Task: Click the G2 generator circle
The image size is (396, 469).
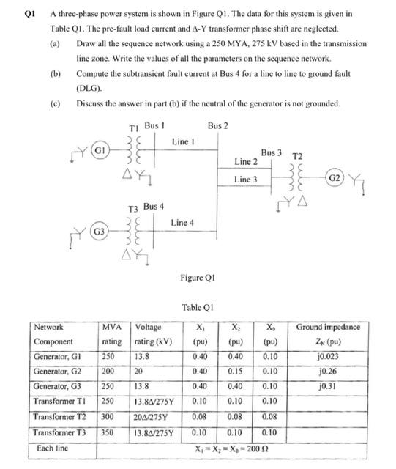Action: click(x=334, y=178)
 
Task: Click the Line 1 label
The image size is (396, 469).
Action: click(x=183, y=140)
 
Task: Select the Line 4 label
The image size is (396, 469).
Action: click(x=183, y=222)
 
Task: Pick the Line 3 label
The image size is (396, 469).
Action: click(x=246, y=179)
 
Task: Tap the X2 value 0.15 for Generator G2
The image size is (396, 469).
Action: click(x=235, y=371)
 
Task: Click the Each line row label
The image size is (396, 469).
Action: click(x=53, y=447)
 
